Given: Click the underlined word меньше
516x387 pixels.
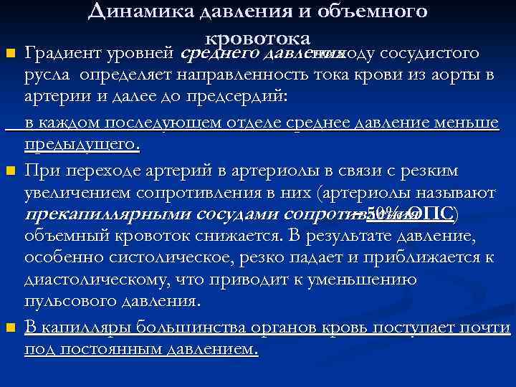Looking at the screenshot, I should coord(463,123).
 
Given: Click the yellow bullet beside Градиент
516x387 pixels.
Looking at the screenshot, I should coord(9,54).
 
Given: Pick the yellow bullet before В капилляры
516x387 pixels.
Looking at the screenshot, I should coord(9,328).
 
